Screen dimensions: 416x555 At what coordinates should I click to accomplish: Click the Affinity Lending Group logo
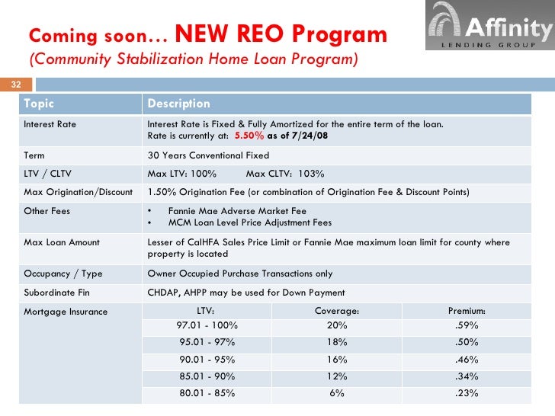(x=489, y=26)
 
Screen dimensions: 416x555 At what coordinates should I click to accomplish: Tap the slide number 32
(x=14, y=85)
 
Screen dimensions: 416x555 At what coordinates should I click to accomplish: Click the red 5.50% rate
(x=249, y=136)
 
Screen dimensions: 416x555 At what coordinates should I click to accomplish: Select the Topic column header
(x=40, y=104)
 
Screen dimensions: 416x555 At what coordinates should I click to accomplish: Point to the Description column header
(x=178, y=104)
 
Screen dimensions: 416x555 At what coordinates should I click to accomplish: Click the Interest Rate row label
(x=50, y=124)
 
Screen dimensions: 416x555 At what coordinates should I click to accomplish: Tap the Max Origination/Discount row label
(x=79, y=192)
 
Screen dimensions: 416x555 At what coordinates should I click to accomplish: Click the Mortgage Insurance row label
(x=66, y=311)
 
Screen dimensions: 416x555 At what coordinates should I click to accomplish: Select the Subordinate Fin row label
(x=56, y=293)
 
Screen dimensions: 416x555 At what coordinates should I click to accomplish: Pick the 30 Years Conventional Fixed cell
(x=208, y=155)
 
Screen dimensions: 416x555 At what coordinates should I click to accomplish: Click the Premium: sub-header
(x=466, y=311)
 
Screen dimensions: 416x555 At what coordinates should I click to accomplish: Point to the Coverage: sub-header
(x=336, y=311)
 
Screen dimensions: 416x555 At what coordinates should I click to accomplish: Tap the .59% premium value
(x=466, y=325)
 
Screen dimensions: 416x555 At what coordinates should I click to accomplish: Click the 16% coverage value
(x=336, y=360)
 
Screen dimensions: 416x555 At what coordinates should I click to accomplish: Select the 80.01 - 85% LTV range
(x=207, y=394)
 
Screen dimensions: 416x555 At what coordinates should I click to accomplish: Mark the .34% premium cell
(x=466, y=376)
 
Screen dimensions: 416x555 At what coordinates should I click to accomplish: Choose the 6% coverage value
(x=336, y=394)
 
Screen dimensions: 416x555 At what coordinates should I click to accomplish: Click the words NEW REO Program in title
(x=281, y=35)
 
